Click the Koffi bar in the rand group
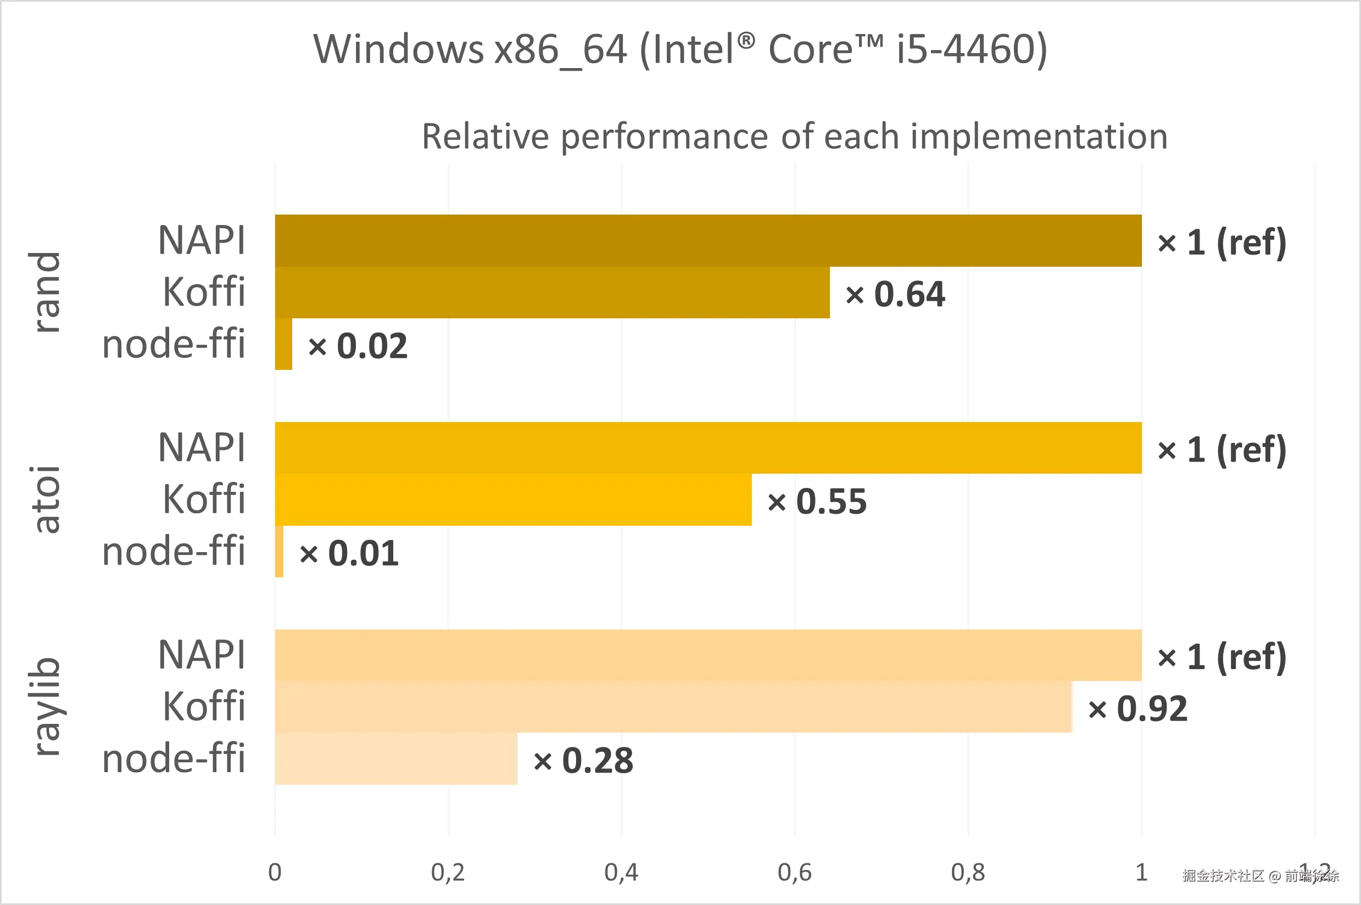552,292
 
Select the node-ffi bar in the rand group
283,344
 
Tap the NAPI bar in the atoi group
708,448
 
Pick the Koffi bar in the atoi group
514,500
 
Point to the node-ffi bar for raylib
396,759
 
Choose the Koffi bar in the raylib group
673,707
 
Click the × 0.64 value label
895,294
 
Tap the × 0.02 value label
358,346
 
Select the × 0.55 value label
817,502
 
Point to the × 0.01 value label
349,554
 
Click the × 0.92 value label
1137,709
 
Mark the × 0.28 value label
583,761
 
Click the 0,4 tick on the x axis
621,872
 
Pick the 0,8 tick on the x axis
968,872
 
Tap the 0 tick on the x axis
275,872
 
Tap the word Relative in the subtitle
485,137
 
